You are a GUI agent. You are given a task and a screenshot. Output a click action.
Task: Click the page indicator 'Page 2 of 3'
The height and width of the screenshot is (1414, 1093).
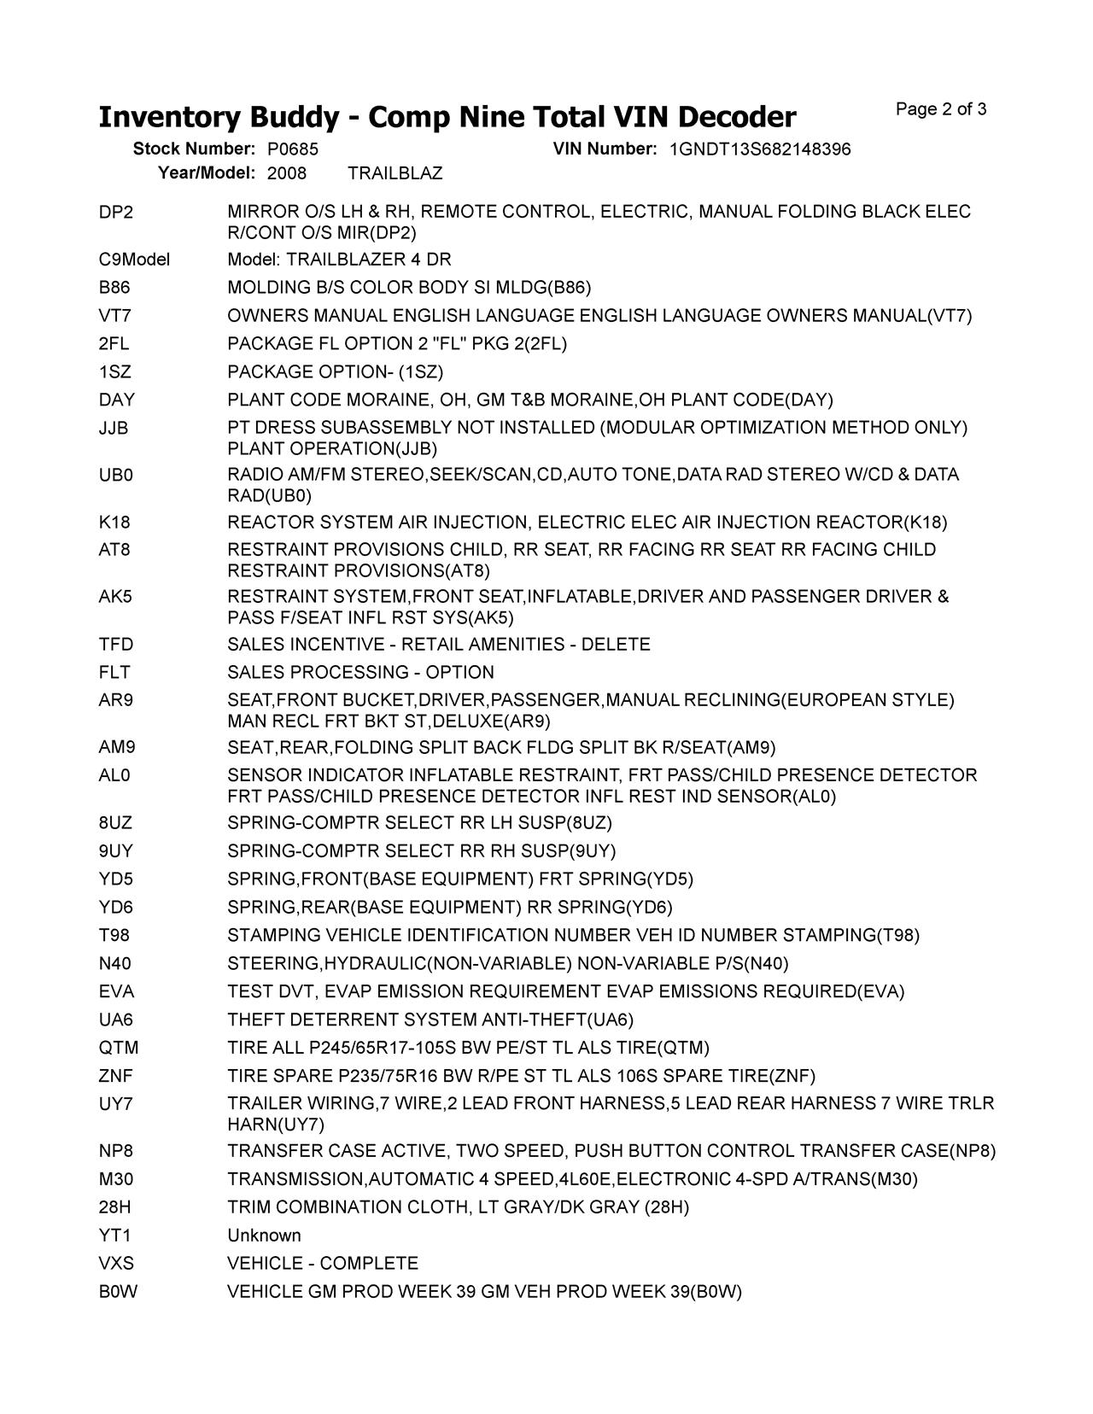[941, 109]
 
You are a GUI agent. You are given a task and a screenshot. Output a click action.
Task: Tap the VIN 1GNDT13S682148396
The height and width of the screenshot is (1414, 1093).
[760, 149]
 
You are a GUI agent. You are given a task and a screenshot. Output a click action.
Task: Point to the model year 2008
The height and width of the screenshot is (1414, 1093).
[287, 173]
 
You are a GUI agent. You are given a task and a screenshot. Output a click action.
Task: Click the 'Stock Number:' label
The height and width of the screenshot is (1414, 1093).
[194, 149]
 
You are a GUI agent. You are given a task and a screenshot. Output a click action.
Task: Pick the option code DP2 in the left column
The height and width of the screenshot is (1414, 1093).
[116, 212]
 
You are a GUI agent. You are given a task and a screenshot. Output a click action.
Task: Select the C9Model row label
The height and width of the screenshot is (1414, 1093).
[134, 260]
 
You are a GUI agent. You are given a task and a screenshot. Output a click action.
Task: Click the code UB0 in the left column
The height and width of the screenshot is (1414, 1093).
[116, 475]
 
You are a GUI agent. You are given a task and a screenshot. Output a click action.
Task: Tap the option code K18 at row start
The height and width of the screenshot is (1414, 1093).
[114, 523]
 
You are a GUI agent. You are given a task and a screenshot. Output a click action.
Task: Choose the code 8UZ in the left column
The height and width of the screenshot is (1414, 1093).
[116, 823]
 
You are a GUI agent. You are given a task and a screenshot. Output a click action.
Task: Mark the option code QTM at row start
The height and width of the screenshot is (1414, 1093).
[118, 1048]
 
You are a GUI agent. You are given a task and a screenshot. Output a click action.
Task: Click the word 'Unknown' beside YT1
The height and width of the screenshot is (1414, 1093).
[264, 1236]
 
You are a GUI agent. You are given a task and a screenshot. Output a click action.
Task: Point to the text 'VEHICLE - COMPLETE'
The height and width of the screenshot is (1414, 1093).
[323, 1264]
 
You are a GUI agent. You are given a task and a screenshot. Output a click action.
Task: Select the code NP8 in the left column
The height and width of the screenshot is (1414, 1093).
[115, 1151]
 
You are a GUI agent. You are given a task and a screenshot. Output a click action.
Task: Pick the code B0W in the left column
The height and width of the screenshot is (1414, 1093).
[118, 1292]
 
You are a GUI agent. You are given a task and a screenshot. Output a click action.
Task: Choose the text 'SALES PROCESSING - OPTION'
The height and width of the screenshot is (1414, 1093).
[360, 673]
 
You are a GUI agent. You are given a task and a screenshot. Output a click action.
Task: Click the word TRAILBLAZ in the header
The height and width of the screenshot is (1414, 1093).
[395, 173]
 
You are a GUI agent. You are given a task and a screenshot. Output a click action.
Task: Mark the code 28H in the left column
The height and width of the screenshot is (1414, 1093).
[115, 1207]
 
